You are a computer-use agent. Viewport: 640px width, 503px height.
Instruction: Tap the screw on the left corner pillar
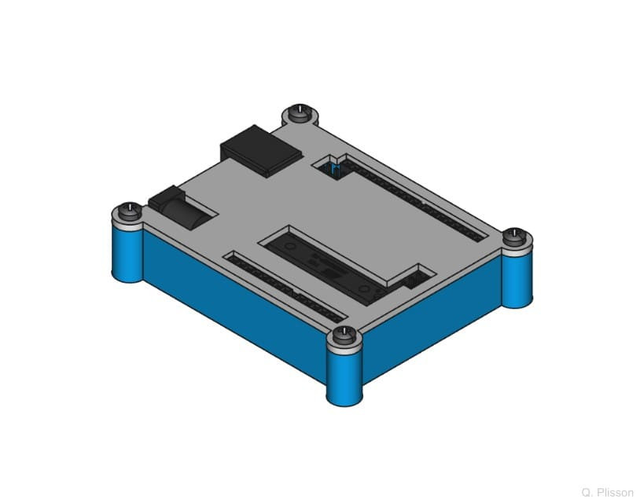pyautogui.click(x=128, y=211)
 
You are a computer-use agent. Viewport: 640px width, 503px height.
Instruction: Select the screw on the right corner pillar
pyautogui.click(x=514, y=233)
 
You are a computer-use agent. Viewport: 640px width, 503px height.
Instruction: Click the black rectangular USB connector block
pyautogui.click(x=261, y=149)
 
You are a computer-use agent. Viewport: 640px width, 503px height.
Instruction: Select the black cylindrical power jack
pyautogui.click(x=189, y=208)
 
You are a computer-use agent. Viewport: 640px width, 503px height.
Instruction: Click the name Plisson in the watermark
pyautogui.click(x=615, y=492)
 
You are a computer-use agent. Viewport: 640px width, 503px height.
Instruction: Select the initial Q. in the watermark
pyautogui.click(x=587, y=492)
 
